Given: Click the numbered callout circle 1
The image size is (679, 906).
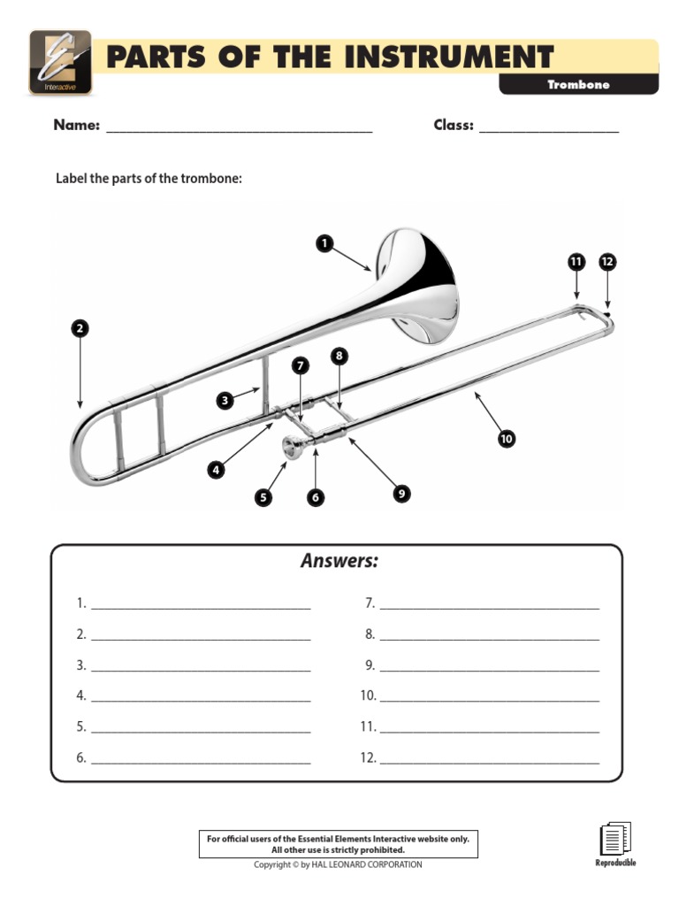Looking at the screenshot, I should coord(324,242).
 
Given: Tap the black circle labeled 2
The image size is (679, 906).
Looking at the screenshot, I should coord(80,329).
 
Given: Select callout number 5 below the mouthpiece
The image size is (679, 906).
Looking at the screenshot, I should coord(263,498).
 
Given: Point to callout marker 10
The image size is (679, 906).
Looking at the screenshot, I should coord(506,438).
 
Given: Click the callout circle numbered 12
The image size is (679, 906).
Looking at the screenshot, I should coord(607,262).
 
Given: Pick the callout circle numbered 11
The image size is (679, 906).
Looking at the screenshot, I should coord(576,262).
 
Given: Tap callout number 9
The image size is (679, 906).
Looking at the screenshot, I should coord(401,494).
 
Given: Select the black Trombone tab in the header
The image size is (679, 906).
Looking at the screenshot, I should coord(578,85).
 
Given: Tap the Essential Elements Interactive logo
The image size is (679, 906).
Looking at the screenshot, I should coord(60,62).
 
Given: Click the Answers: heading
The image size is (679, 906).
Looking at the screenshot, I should coord(339,561).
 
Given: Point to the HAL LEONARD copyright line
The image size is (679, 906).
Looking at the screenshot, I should coord(339,864).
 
